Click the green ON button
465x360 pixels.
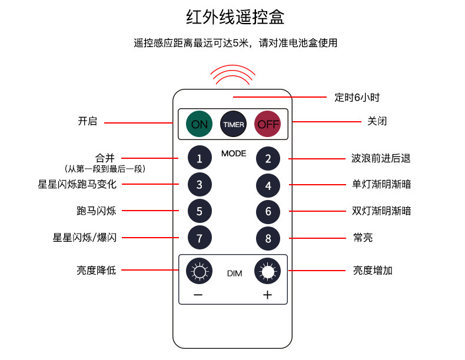tap(200, 124)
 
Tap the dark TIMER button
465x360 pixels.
tap(233, 124)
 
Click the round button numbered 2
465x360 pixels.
tap(268, 158)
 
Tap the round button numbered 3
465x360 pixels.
tap(200, 185)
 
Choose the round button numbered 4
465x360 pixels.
tap(268, 185)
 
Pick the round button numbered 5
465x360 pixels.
tap(200, 211)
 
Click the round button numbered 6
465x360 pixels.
tap(268, 211)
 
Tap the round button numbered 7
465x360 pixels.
tap(200, 238)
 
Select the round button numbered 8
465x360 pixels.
tap(268, 238)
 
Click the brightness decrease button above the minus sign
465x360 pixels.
tap(199, 271)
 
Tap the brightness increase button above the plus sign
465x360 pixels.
tap(268, 271)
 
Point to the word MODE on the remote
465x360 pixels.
tap(234, 154)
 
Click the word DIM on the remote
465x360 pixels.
tap(234, 274)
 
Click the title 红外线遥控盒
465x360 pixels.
tap(235, 17)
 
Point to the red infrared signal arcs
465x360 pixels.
tap(233, 74)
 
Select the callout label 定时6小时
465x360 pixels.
tap(353, 98)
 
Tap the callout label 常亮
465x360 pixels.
tap(363, 238)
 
